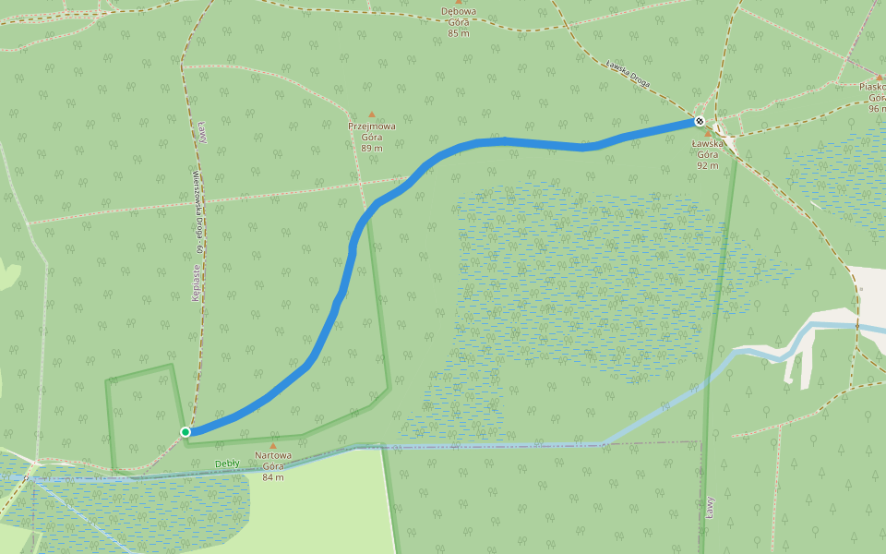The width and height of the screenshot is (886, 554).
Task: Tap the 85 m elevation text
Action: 459,33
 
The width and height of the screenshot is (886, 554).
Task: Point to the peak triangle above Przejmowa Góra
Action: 372,114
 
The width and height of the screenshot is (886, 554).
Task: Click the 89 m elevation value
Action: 372,148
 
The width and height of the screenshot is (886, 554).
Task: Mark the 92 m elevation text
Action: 708,165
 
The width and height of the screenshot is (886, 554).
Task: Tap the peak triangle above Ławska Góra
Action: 708,134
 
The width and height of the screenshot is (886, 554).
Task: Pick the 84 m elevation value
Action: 273,476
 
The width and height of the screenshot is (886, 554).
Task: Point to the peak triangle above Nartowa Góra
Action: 272,445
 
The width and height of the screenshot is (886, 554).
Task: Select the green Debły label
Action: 227,464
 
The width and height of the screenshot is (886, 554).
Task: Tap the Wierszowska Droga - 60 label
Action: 198,212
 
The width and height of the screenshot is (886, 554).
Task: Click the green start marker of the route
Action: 186,432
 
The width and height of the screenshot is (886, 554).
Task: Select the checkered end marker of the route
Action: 700,121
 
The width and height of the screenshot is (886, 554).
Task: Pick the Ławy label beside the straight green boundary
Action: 711,507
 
